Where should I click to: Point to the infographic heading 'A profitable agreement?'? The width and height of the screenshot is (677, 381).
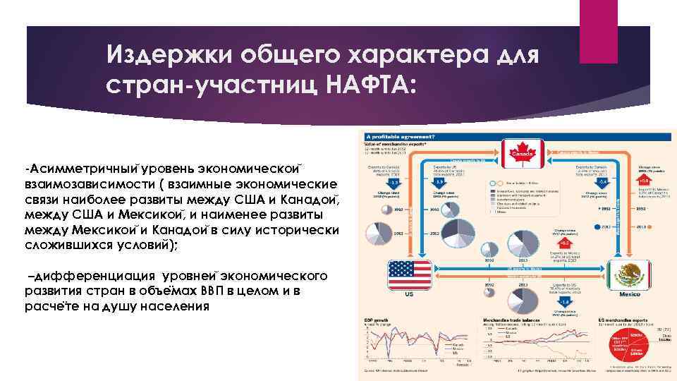pos(399,135)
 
